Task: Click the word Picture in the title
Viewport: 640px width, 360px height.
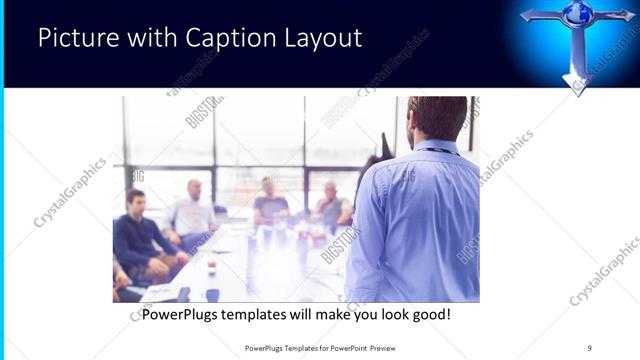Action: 76,39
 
